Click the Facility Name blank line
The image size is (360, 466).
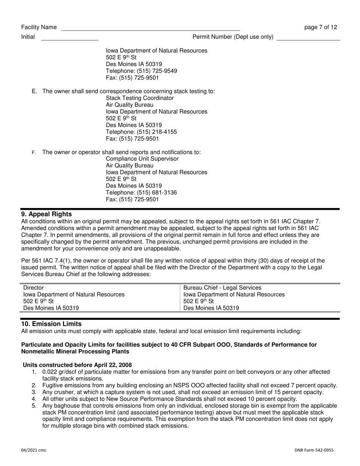click(x=150, y=29)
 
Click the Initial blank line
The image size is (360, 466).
click(x=69, y=38)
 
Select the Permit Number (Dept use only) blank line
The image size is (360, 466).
click(x=309, y=38)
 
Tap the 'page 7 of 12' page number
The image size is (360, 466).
click(x=321, y=27)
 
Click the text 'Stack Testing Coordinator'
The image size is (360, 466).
click(x=140, y=98)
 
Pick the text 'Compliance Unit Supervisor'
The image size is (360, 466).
click(x=142, y=159)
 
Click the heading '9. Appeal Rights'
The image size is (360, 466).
click(x=46, y=214)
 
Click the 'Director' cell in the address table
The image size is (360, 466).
click(x=34, y=288)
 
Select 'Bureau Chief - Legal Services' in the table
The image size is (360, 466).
click(x=222, y=288)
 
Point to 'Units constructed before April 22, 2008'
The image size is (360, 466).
click(x=77, y=365)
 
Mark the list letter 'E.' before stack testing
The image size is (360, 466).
click(x=34, y=91)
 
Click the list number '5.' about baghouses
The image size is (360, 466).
click(x=34, y=406)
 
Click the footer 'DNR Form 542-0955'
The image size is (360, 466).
click(x=314, y=450)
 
